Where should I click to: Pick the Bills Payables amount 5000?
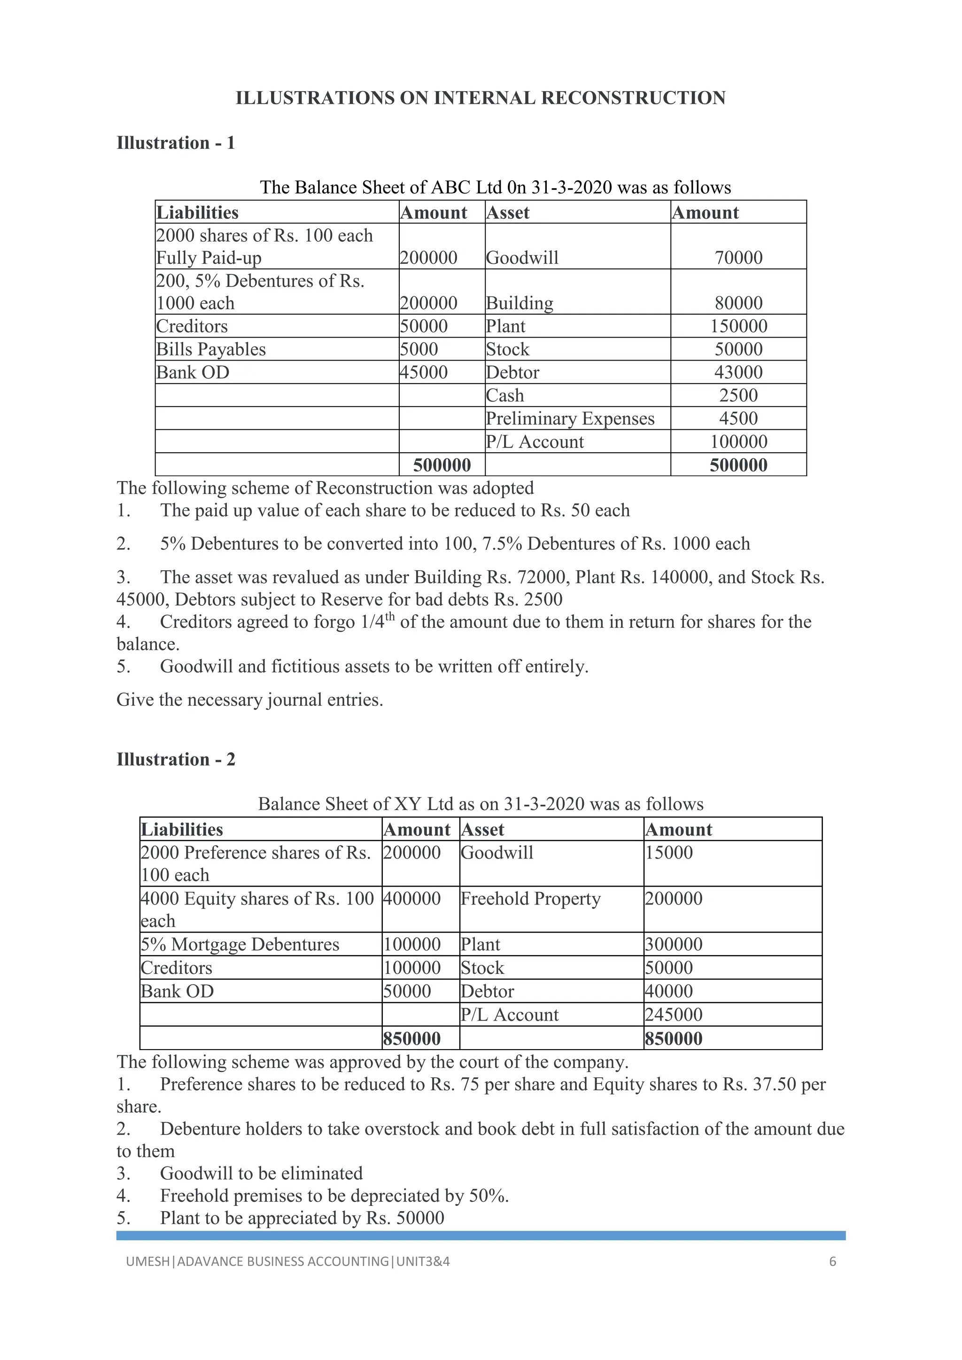(419, 349)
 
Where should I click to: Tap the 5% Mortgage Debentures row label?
(240, 944)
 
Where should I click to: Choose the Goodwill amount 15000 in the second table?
(669, 852)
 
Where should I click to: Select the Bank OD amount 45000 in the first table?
(424, 372)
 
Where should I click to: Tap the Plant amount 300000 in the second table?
(674, 944)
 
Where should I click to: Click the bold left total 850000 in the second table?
(411, 1038)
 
